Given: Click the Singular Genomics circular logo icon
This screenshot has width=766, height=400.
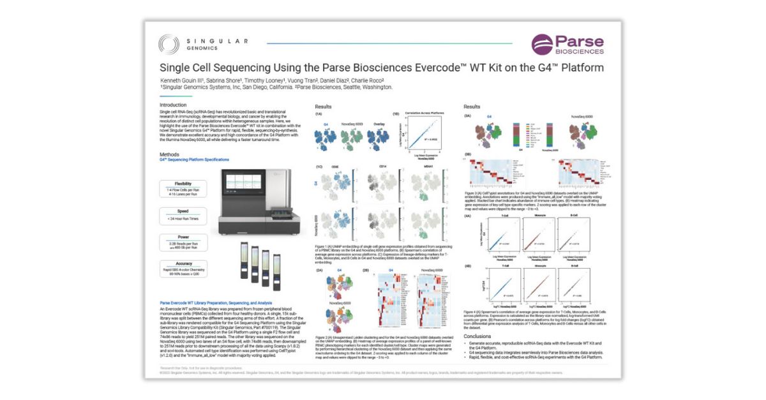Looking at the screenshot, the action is pos(169,44).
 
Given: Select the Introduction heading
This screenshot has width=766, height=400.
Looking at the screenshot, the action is pos(173,105).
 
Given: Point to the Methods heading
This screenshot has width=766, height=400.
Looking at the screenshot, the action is pos(169,154).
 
